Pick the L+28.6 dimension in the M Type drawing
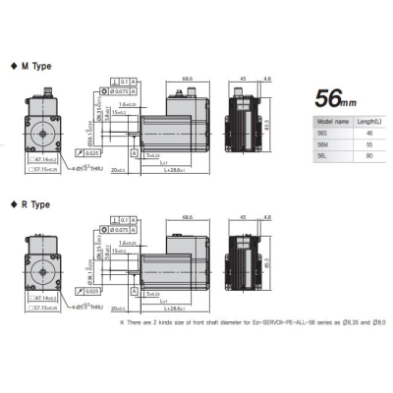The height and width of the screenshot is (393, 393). (177, 171)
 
